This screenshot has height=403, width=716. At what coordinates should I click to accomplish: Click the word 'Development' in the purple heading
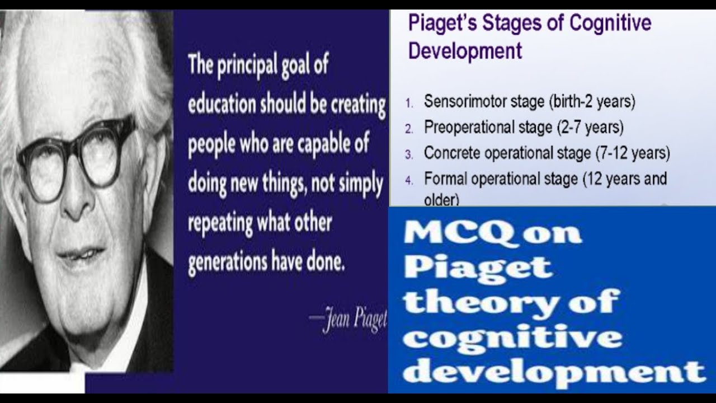coord(465,51)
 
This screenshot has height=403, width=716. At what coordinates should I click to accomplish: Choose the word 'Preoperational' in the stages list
coord(468,128)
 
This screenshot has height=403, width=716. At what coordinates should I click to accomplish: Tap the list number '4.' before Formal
coord(409,180)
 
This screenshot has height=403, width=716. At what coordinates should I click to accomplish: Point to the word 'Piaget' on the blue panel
coord(477,267)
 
